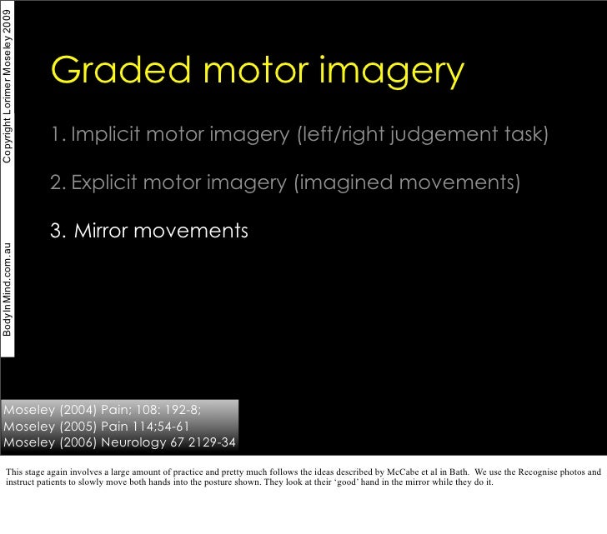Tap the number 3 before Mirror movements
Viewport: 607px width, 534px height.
tap(56, 231)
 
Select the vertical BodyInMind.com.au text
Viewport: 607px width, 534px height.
tap(8, 287)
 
